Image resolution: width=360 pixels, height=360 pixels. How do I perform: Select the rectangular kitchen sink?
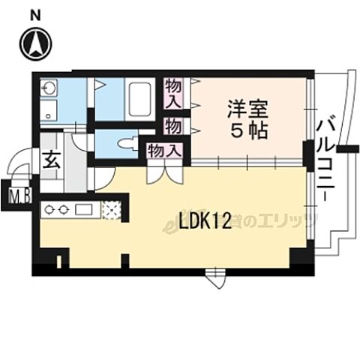pyautogui.click(x=82, y=209)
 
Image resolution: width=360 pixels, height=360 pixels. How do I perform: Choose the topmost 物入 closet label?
pyautogui.click(x=173, y=94)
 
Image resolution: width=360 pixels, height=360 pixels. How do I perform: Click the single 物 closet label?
pyautogui.click(x=172, y=125)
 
